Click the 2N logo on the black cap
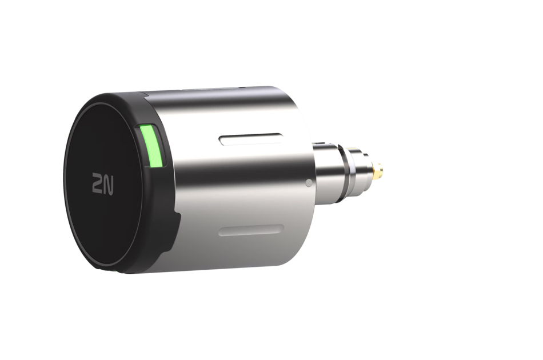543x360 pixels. click(103, 183)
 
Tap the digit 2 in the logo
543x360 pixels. click(97, 183)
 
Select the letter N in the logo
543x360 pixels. click(109, 183)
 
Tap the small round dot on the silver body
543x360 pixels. click(309, 183)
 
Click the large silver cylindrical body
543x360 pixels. click(240, 183)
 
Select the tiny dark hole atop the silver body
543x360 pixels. click(240, 88)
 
